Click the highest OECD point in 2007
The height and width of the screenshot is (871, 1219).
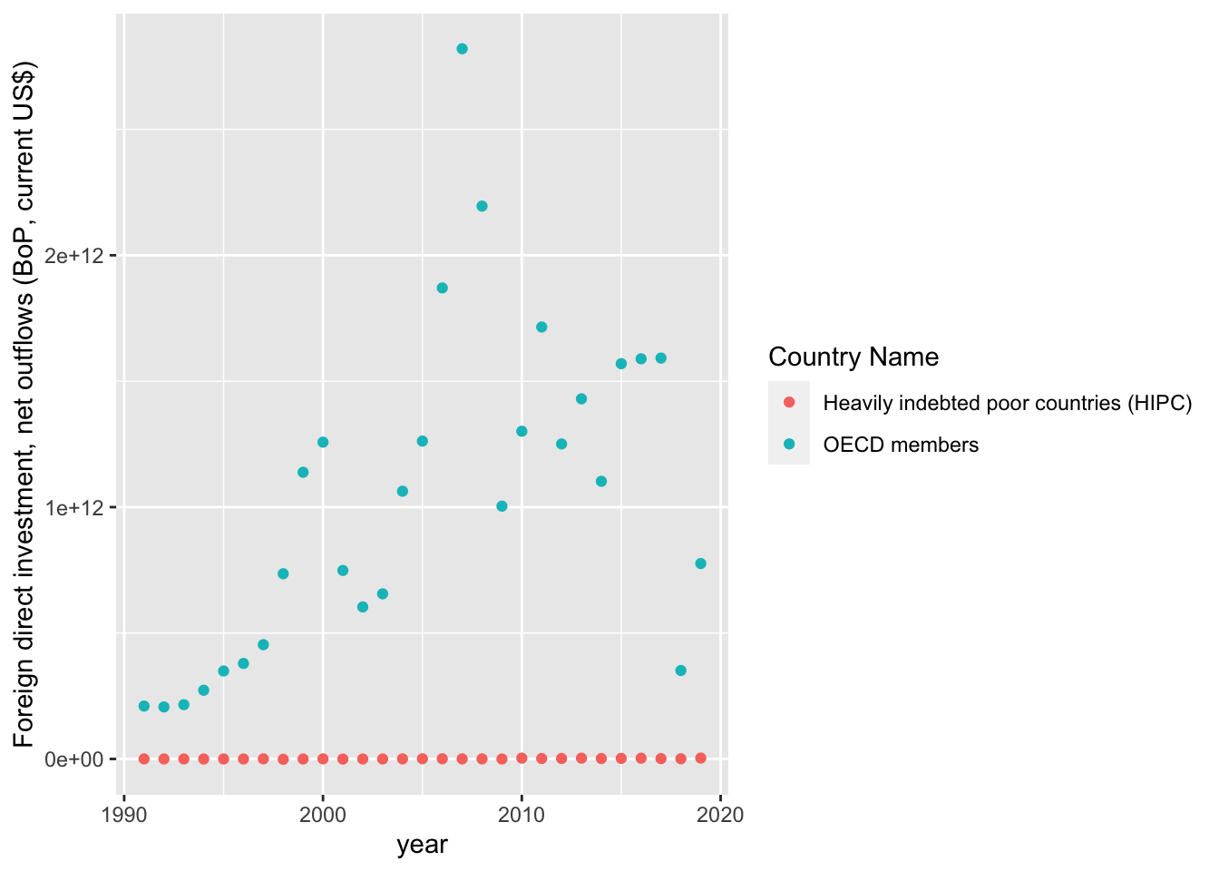coord(462,49)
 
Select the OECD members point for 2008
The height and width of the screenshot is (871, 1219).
coord(482,206)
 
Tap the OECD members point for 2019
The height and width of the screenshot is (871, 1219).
coord(700,563)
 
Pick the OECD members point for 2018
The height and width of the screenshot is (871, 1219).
coord(680,670)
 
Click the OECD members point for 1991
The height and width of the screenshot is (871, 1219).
coord(144,706)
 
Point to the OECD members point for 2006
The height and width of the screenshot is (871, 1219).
coord(442,288)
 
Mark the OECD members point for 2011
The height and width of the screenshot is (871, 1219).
coord(541,327)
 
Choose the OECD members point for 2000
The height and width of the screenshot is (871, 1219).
coord(323,442)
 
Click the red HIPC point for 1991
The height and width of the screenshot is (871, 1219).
coord(144,758)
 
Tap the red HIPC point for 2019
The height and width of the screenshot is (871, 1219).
coord(700,758)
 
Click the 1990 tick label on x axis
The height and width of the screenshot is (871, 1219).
coord(124,814)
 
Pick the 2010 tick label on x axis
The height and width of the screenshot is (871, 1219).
coord(522,814)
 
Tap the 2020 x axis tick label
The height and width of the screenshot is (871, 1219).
coord(720,814)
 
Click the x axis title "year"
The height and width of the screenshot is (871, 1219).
coord(422,845)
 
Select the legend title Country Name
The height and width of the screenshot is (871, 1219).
coord(853,357)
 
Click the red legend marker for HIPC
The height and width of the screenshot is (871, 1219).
coord(789,403)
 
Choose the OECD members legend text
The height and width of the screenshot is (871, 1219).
coord(901,445)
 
